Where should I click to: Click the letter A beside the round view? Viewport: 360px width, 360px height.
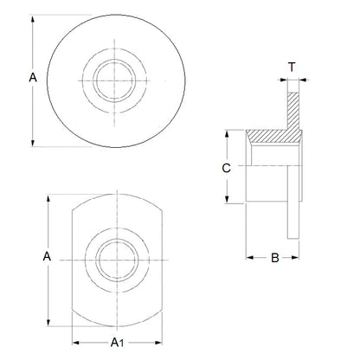pos(32,77)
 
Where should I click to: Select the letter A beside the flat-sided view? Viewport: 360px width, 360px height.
pos(48,257)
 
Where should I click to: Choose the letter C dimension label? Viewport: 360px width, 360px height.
pos(226,168)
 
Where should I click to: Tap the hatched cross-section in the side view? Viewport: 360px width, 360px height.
pos(281,130)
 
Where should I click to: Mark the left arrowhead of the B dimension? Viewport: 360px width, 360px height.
pos(249,258)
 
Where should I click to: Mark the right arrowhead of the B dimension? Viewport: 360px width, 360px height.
pos(299,258)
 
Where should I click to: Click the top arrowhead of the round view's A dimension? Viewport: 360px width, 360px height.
pos(34,16)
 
